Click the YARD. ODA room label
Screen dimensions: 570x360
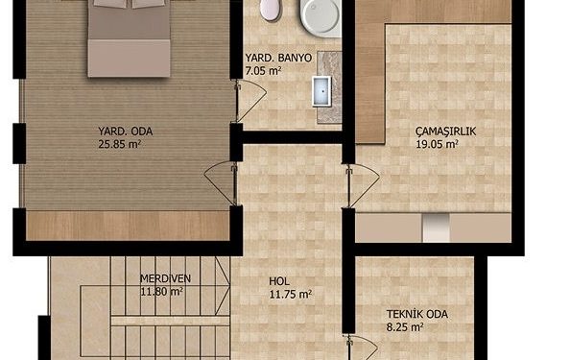point(126,132)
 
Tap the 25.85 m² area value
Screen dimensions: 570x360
point(120,144)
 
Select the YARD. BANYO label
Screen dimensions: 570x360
point(278,58)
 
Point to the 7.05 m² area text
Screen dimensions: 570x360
point(263,71)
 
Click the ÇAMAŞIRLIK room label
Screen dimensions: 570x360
point(445,132)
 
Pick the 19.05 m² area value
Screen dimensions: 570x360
point(437,144)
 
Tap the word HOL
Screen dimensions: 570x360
point(279,281)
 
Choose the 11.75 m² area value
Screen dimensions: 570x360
point(290,294)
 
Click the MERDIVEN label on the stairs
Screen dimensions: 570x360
point(165,278)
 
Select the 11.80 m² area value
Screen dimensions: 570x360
point(161,291)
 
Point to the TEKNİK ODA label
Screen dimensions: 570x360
point(417,314)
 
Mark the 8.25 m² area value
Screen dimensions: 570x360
point(405,327)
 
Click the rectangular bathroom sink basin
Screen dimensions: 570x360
point(321,91)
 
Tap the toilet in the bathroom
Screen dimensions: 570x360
point(272,10)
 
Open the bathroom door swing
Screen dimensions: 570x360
point(250,101)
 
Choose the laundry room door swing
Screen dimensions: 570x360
point(364,185)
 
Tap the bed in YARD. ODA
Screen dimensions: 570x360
point(129,38)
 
